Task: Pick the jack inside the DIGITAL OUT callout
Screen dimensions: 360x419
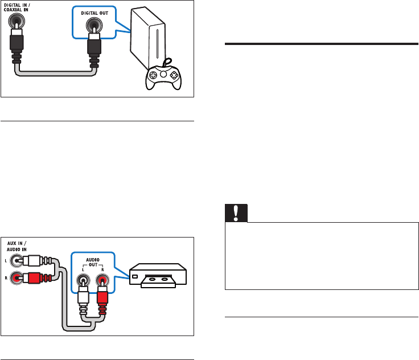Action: coord(91,26)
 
